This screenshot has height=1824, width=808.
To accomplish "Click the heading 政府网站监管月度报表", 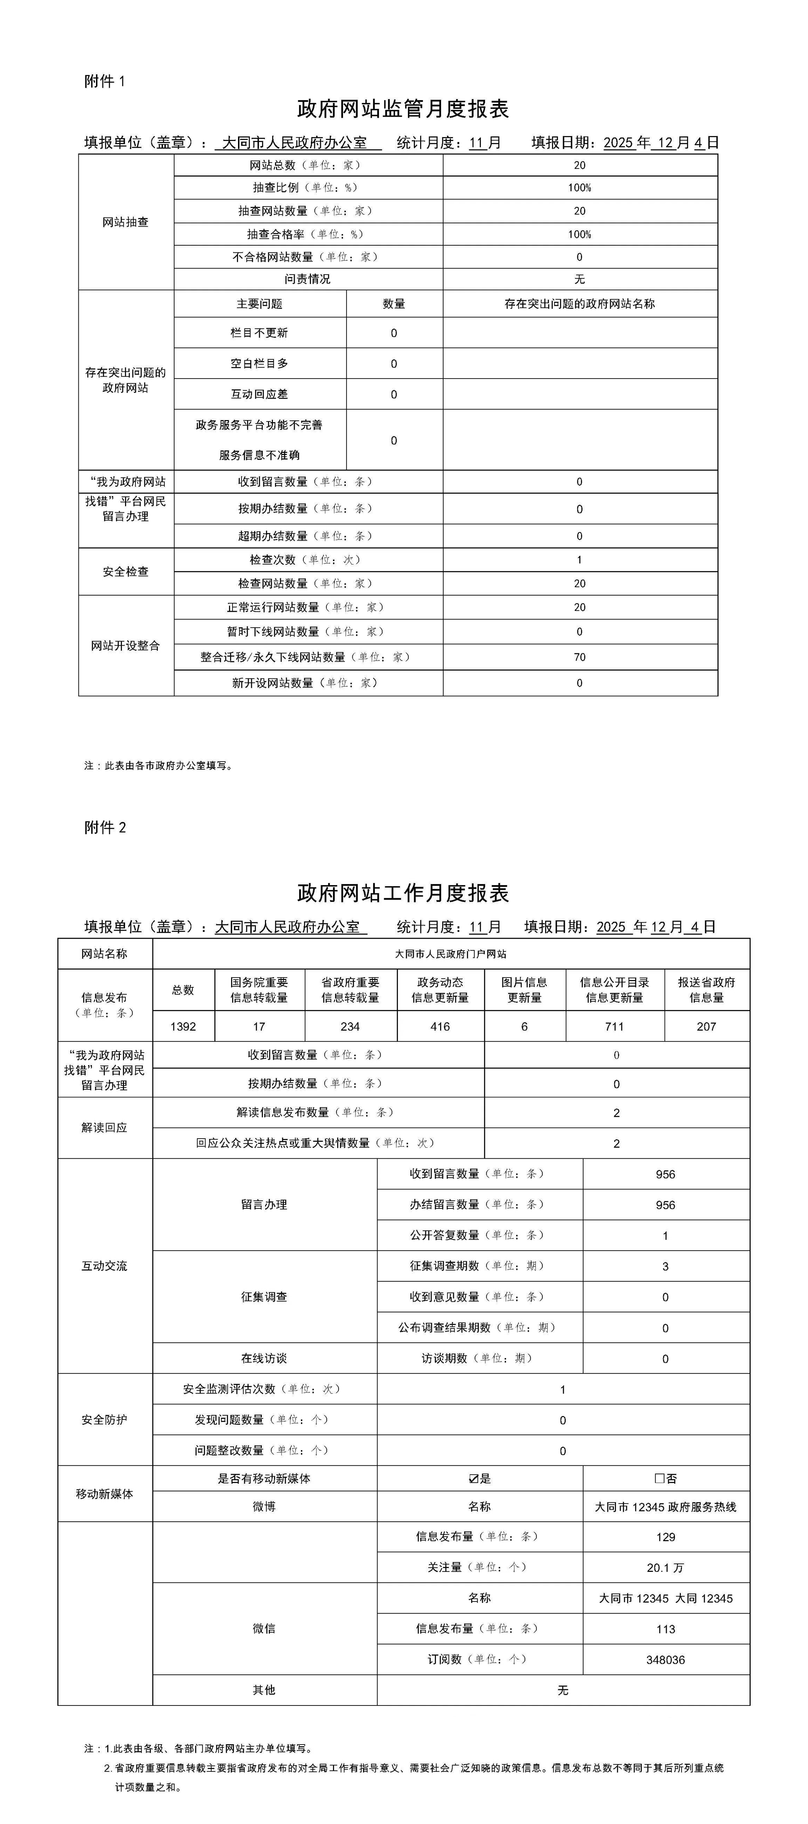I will click(x=403, y=109).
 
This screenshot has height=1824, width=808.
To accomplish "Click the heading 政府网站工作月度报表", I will click(x=403, y=893).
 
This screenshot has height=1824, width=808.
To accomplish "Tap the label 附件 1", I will click(x=104, y=82).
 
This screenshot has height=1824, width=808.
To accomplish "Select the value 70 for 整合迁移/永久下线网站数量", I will click(x=579, y=657).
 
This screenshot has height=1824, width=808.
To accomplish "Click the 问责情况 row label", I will click(x=307, y=279).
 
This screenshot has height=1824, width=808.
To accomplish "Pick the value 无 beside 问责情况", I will click(x=579, y=279).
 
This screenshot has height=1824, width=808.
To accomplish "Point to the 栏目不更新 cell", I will click(x=259, y=333).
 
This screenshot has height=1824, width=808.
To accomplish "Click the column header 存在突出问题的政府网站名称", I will click(x=579, y=304).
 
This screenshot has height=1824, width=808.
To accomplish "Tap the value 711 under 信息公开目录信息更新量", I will click(x=614, y=1027).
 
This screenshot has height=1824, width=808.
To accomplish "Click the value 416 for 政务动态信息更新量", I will click(x=440, y=1027).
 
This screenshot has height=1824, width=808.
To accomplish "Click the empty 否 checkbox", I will click(x=659, y=1479).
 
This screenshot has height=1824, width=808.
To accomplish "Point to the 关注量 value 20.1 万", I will click(x=665, y=1568).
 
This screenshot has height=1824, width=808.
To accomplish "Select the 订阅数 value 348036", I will click(x=665, y=1660).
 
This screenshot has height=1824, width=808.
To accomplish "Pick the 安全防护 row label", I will click(x=104, y=1420).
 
